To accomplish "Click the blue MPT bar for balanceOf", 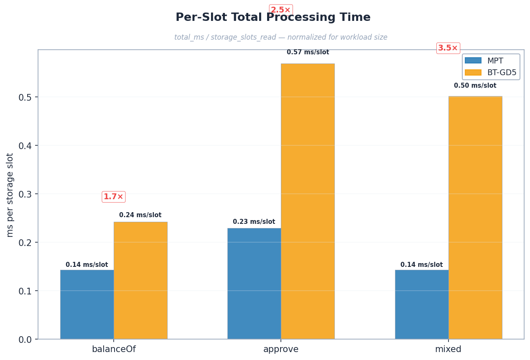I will pos(87,304).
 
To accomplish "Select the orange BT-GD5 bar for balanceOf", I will pos(140,280).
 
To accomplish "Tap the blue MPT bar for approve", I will pos(254,284).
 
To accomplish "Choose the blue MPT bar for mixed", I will pos(422,304).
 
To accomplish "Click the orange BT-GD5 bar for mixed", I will pos(475,218).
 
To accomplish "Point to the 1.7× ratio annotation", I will pos(114,197).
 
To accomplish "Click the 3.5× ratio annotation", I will pos(448,48).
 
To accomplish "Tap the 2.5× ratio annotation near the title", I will pos(281,10).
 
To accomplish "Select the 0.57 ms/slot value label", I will pos(308,52).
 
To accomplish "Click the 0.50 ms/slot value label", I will pos(475,86).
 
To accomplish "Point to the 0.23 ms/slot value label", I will pos(254,222).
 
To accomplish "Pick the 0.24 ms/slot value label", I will pos(140,215).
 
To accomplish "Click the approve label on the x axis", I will pos(281,349).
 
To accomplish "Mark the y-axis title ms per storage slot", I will pos(10,195).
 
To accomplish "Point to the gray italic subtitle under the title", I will pos(281,37).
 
